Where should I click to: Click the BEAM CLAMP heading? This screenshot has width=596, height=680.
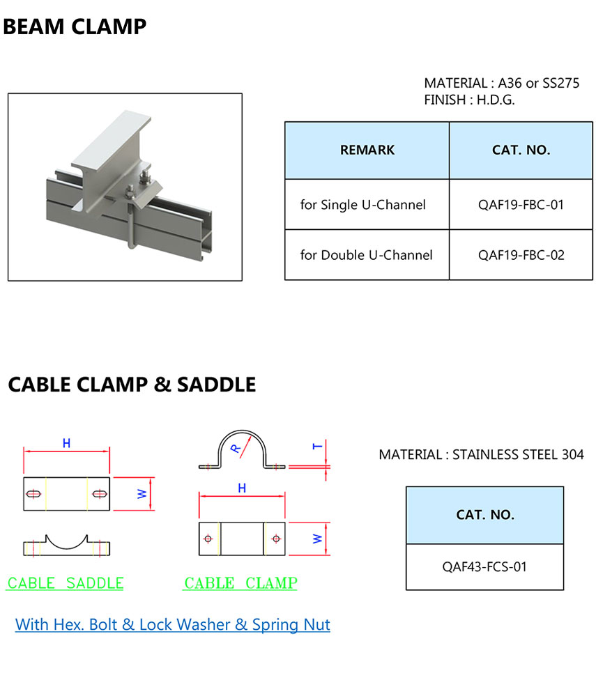[75, 27]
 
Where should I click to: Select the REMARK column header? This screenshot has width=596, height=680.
[367, 150]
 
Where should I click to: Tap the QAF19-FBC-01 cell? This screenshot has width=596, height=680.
[521, 205]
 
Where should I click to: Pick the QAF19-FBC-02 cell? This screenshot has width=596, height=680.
[521, 255]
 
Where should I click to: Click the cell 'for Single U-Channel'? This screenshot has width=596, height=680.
[362, 205]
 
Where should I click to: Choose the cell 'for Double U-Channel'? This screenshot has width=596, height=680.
[366, 255]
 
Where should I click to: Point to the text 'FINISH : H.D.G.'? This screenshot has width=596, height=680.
[469, 100]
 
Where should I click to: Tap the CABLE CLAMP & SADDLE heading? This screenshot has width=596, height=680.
[132, 384]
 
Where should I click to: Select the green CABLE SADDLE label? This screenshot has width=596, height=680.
[66, 583]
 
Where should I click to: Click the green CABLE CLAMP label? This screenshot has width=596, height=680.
[240, 583]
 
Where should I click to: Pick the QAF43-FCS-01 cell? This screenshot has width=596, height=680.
[484, 566]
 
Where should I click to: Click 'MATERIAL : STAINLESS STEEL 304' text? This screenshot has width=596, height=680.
[481, 455]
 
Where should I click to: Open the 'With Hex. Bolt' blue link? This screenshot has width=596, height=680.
[173, 624]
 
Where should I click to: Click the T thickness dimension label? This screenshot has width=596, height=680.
[318, 446]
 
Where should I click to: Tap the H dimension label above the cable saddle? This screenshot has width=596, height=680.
[66, 443]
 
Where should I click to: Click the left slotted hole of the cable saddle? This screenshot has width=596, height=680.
[33, 494]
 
